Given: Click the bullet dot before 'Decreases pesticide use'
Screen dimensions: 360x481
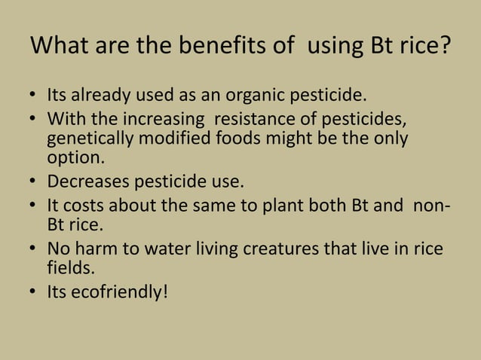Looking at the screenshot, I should (x=33, y=183).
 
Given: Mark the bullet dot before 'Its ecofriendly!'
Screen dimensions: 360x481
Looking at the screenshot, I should (x=33, y=291).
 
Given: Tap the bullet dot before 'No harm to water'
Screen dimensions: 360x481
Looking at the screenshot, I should (x=33, y=249).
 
